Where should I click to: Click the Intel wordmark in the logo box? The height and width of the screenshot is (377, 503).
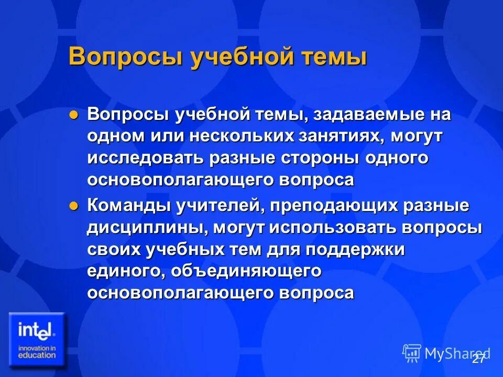coord(36,330)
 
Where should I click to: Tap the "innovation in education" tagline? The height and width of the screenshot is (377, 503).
coord(36,351)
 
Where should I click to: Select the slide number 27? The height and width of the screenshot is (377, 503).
coord(478,359)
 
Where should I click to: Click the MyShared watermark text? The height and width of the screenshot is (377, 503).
coord(456,353)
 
